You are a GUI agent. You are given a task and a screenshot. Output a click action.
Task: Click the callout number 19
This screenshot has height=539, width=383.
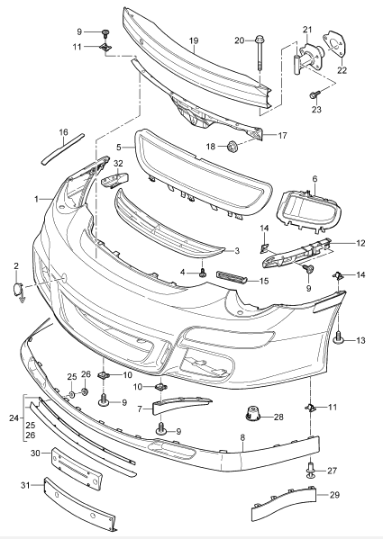point(194,40)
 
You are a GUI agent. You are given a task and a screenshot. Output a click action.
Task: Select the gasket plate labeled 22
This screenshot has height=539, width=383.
point(333,44)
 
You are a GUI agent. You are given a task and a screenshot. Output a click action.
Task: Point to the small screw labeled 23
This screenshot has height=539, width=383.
point(315,94)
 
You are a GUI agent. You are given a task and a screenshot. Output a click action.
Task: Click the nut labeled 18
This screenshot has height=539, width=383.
point(233,147)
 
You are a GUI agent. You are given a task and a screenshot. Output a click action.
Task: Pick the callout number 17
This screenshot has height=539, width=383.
point(282,136)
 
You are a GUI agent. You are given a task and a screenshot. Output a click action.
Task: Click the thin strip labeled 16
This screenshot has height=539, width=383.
point(62,149)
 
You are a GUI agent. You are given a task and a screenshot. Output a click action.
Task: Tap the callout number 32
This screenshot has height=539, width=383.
point(118,164)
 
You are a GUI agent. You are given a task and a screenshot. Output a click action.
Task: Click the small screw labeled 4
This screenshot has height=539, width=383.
point(203,274)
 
